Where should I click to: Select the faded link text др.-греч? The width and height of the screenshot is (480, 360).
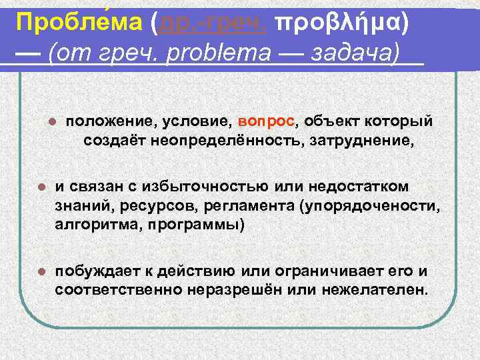[208, 25]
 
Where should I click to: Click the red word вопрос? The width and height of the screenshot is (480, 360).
[265, 122]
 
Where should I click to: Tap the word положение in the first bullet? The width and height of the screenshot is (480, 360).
[111, 122]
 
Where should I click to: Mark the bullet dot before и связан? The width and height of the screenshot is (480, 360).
[40, 185]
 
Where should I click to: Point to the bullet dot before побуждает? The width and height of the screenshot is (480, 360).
[40, 272]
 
